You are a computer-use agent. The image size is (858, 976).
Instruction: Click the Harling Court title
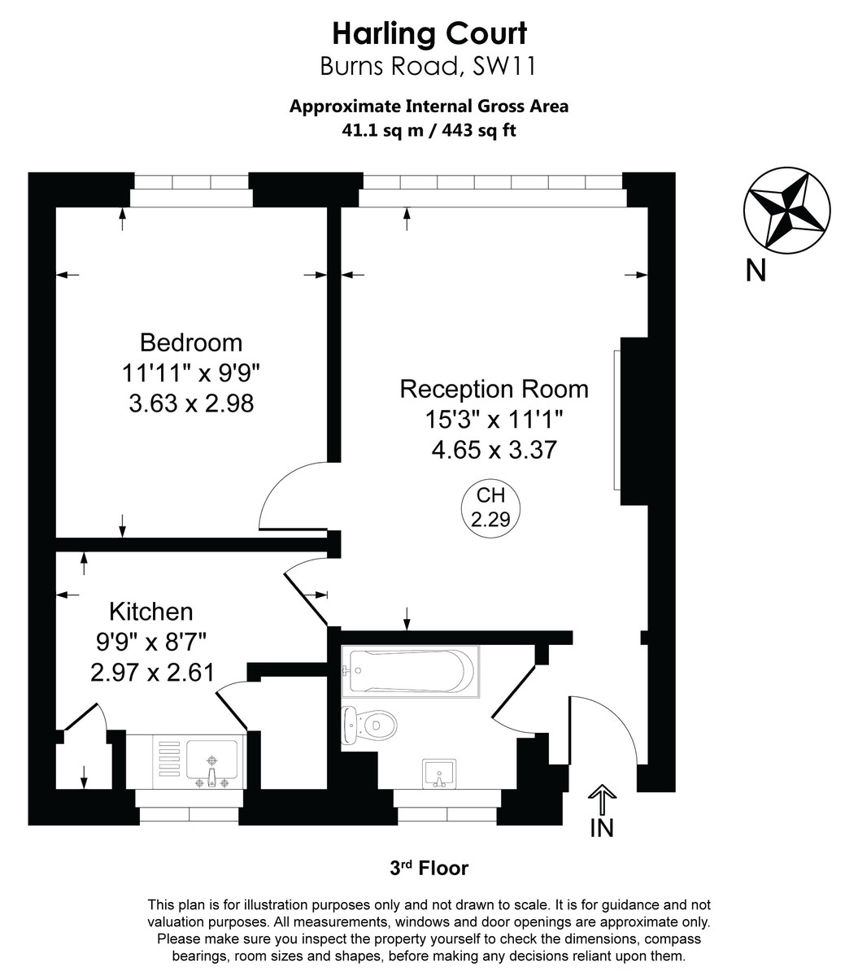(429, 33)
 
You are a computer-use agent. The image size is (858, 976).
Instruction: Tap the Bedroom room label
(190, 342)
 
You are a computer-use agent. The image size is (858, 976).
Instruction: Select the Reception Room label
(494, 389)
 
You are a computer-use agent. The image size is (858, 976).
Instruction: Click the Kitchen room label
(151, 611)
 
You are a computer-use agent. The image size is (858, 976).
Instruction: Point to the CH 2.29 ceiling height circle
(491, 507)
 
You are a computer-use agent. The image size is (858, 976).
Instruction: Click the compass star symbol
(786, 210)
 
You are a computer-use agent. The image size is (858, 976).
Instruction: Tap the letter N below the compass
(756, 269)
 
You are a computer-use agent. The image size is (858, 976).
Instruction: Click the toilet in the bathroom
(370, 723)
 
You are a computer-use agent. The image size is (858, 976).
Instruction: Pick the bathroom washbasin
(440, 773)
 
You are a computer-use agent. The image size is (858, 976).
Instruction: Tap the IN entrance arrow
(601, 802)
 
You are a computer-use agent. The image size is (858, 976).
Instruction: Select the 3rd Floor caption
(429, 869)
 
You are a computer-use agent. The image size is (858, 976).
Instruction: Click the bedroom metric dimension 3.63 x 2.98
(191, 403)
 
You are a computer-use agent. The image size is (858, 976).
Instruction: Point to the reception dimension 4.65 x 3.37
(494, 449)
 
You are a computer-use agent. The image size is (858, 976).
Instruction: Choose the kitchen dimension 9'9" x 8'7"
(151, 642)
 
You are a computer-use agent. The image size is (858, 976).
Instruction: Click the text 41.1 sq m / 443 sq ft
(429, 129)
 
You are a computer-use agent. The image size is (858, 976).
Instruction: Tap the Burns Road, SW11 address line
(429, 66)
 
